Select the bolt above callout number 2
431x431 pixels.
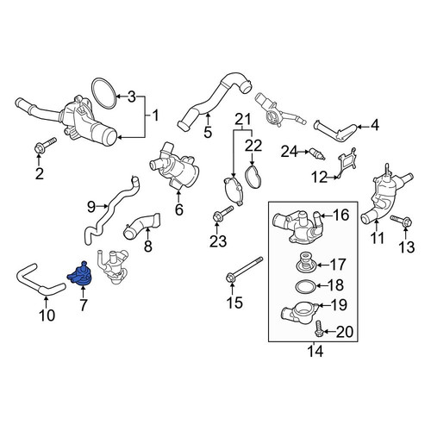click(x=45, y=146)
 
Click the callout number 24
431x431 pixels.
click(x=289, y=152)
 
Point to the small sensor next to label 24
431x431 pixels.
click(x=317, y=154)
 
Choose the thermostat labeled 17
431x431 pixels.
click(x=306, y=261)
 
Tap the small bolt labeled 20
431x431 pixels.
click(x=319, y=328)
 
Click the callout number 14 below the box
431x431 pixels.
click(x=315, y=352)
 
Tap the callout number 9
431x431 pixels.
click(x=91, y=207)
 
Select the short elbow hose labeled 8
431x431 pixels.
click(x=141, y=226)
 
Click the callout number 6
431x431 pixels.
click(x=178, y=209)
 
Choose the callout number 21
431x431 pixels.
click(x=243, y=120)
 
